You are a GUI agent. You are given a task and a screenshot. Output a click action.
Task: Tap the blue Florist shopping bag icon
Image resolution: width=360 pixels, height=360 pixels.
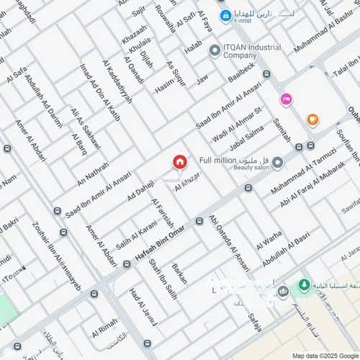[225, 15]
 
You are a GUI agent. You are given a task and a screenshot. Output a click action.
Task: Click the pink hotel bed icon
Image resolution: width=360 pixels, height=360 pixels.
[286, 99]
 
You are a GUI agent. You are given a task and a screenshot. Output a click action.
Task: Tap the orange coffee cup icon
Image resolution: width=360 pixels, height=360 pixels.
[312, 120]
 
